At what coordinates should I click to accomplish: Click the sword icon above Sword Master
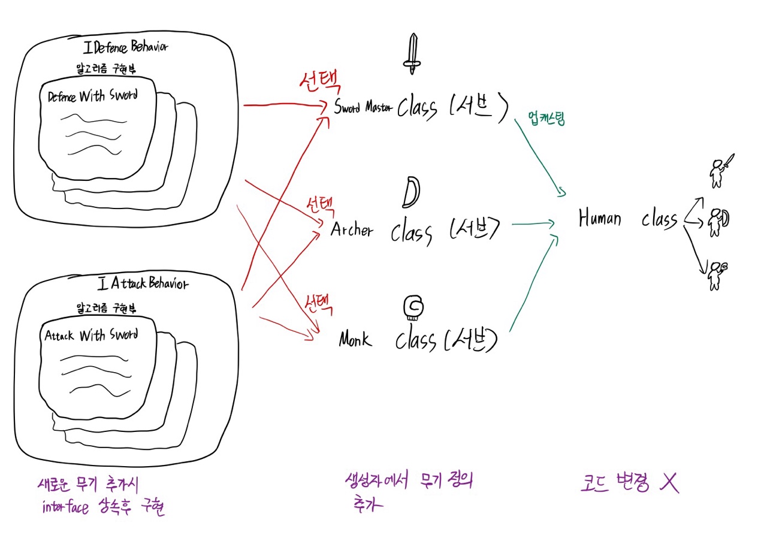[x=412, y=54]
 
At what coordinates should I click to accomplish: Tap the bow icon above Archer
[x=412, y=191]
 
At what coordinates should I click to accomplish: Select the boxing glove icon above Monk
[x=412, y=307]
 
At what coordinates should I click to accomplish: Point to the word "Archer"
[x=351, y=229]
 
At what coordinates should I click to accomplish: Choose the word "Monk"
[x=355, y=340]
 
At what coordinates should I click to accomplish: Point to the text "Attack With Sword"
[x=91, y=335]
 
